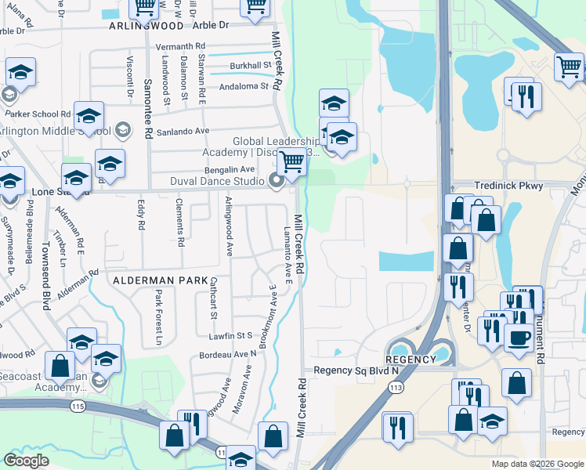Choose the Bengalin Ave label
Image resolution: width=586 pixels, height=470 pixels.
point(230,169)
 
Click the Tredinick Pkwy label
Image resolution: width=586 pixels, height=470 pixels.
point(508,186)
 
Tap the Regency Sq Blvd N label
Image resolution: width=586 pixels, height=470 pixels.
point(356,370)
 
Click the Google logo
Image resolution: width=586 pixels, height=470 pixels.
point(27,460)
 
